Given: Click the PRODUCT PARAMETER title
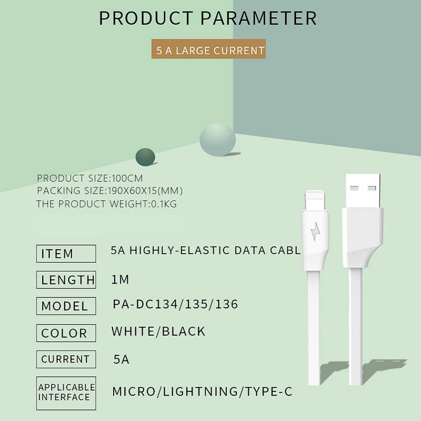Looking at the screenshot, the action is coord(208,18).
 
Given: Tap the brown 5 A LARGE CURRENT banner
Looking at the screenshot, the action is coord(208,49).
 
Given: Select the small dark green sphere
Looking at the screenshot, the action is coord(145,157).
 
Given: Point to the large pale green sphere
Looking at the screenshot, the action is coord(217,139).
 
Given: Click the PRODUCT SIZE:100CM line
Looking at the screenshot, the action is coord(90,178).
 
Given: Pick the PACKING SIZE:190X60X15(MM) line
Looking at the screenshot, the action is coord(110,191).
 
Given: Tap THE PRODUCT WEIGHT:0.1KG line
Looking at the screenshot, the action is coord(107,204).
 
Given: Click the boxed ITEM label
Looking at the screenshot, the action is coord(66,254).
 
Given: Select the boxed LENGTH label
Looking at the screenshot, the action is coord(66,280).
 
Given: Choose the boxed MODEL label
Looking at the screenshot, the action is coord(66,306).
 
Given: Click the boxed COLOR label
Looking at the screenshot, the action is coord(66,333).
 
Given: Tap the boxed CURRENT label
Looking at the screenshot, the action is coord(66,359).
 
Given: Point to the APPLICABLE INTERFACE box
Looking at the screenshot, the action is coord(66,393).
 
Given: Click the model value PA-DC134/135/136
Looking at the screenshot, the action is coord(175,304).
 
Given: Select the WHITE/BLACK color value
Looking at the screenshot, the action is coord(158,332).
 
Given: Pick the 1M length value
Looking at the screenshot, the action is coord(120,279).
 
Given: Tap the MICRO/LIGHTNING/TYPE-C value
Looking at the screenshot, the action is coord(202,392).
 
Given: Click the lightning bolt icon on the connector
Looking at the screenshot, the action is coord(315,231).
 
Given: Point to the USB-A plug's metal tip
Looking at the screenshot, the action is coord(363,191).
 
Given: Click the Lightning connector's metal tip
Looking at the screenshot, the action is coord(315,201).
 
